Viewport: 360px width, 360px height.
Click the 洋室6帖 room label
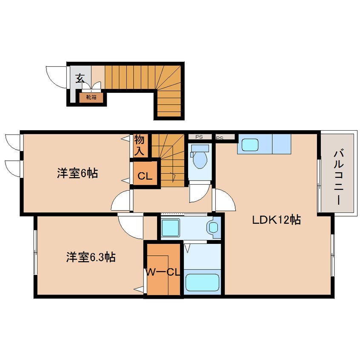click(x=77, y=173)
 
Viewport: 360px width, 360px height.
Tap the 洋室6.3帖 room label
click(x=91, y=257)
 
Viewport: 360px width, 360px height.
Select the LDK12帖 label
click(x=277, y=220)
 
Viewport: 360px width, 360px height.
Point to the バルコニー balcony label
click(x=339, y=177)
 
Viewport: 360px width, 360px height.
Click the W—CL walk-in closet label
click(x=163, y=272)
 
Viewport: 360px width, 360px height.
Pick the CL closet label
click(x=145, y=176)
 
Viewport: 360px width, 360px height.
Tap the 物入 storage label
click(x=140, y=145)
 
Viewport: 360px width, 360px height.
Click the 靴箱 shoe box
click(x=91, y=97)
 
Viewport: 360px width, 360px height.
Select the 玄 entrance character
click(x=80, y=78)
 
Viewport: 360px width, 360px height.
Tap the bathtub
click(x=202, y=282)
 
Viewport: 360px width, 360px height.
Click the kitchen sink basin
click(x=249, y=145)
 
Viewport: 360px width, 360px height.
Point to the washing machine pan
click(x=170, y=228)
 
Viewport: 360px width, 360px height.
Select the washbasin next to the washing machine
click(x=214, y=227)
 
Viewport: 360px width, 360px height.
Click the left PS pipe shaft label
click(x=199, y=137)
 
